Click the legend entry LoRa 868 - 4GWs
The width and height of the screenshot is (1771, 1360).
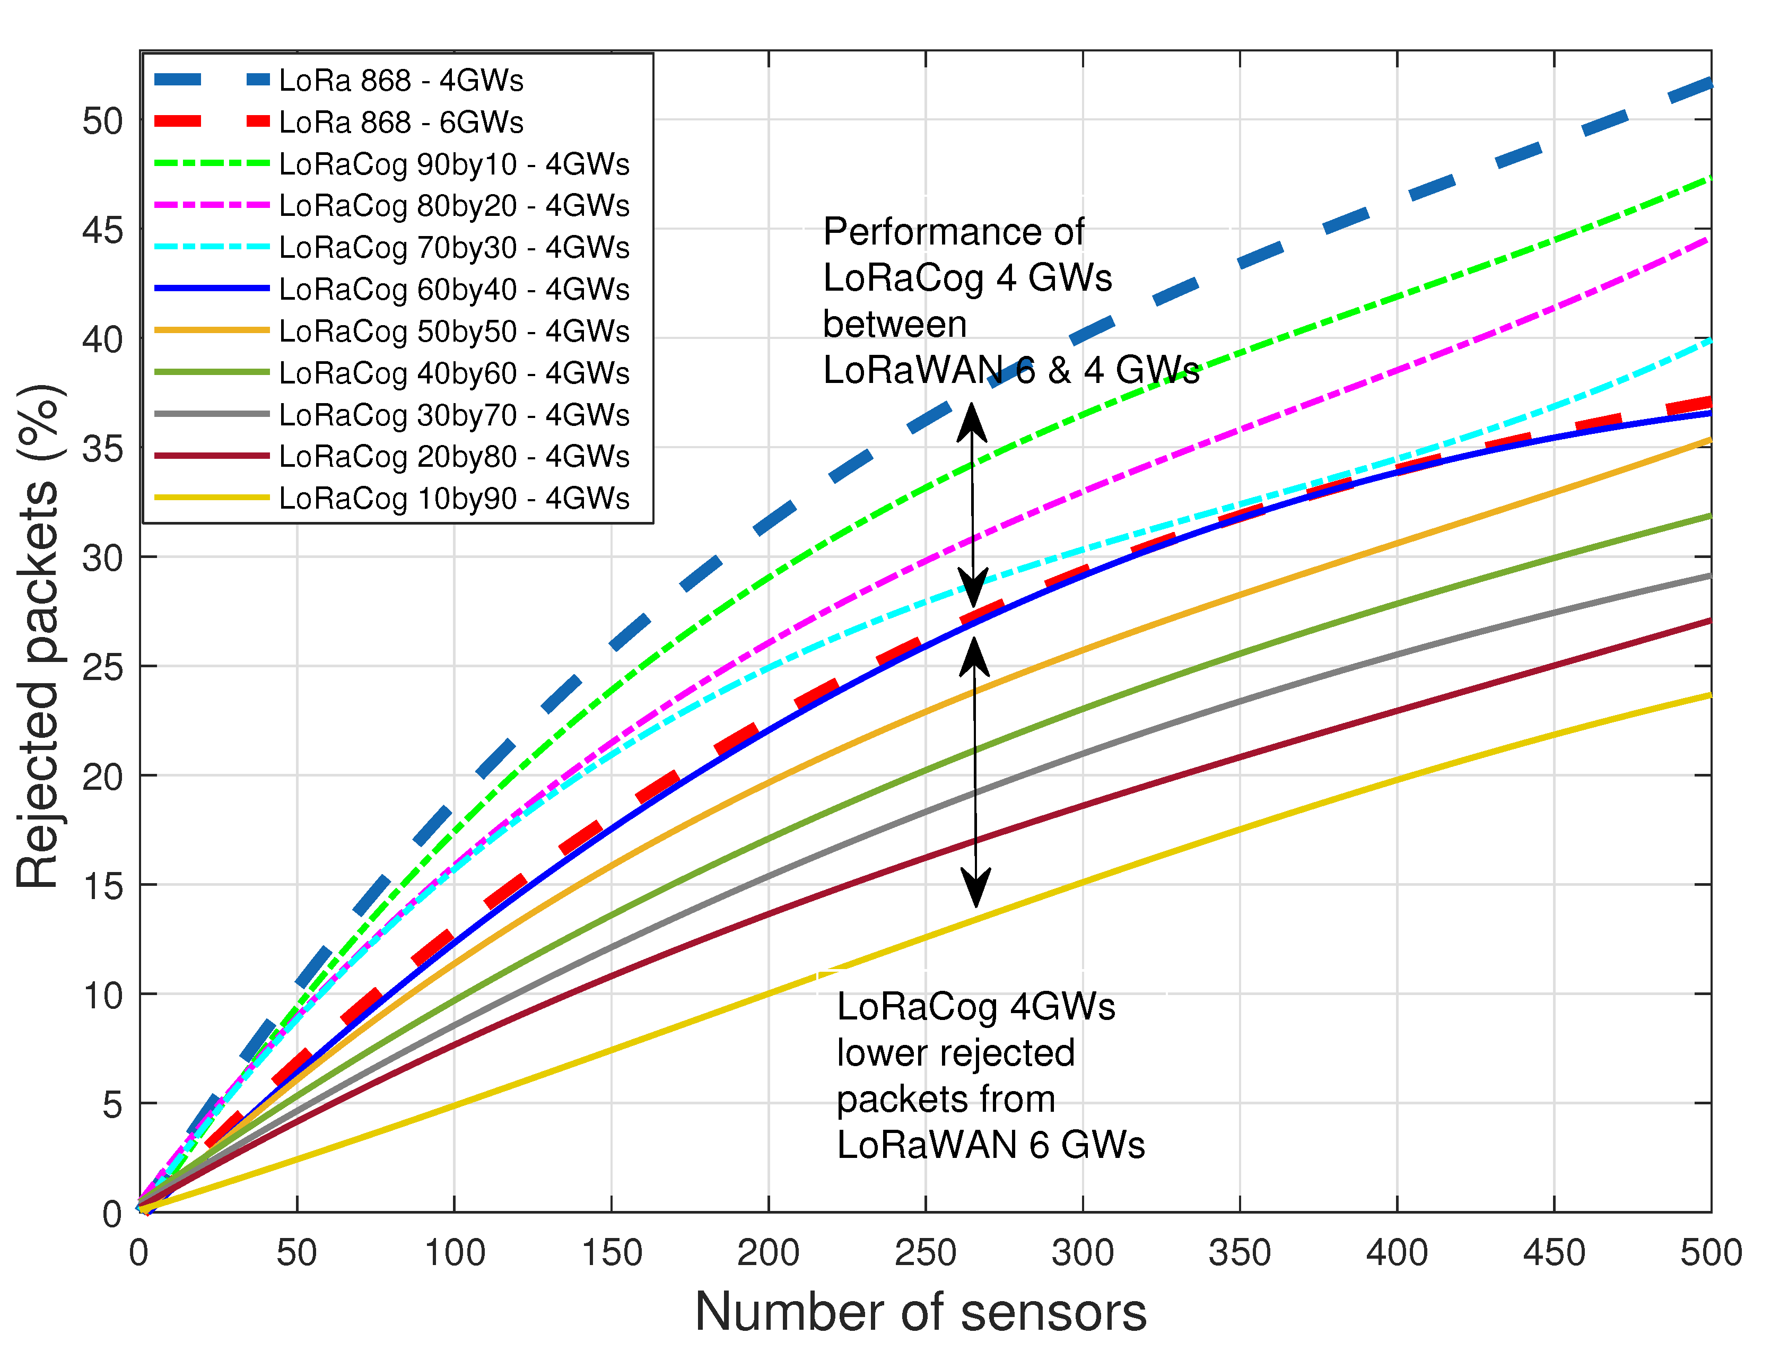pyautogui.click(x=400, y=80)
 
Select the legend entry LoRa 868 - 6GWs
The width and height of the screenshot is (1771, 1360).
pyautogui.click(x=400, y=122)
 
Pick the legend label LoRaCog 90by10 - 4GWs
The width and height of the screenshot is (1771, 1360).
pyautogui.click(x=453, y=164)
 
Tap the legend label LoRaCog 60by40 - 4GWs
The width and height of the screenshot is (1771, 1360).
pyautogui.click(x=453, y=289)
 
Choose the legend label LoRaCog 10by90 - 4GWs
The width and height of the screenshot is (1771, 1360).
pyautogui.click(x=453, y=498)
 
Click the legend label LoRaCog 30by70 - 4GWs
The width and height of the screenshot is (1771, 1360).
pyautogui.click(x=453, y=414)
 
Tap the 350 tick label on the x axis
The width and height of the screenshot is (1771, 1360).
pyautogui.click(x=1239, y=1253)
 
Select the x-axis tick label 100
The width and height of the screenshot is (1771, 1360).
pyautogui.click(x=454, y=1253)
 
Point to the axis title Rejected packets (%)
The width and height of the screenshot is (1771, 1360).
pyautogui.click(x=38, y=637)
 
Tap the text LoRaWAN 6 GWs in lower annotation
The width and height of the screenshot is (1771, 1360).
pyautogui.click(x=990, y=1145)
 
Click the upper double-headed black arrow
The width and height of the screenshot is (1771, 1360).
pyautogui.click(x=973, y=506)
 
